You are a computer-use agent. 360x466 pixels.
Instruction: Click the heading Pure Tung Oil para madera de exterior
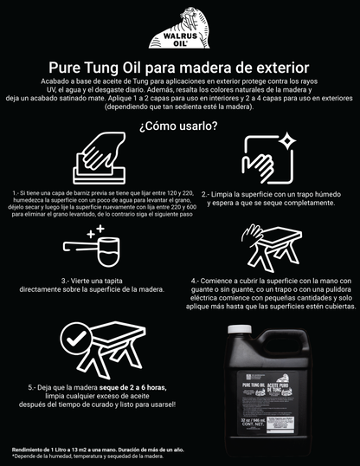coord(179,68)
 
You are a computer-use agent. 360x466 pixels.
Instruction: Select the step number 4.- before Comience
coord(196,281)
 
